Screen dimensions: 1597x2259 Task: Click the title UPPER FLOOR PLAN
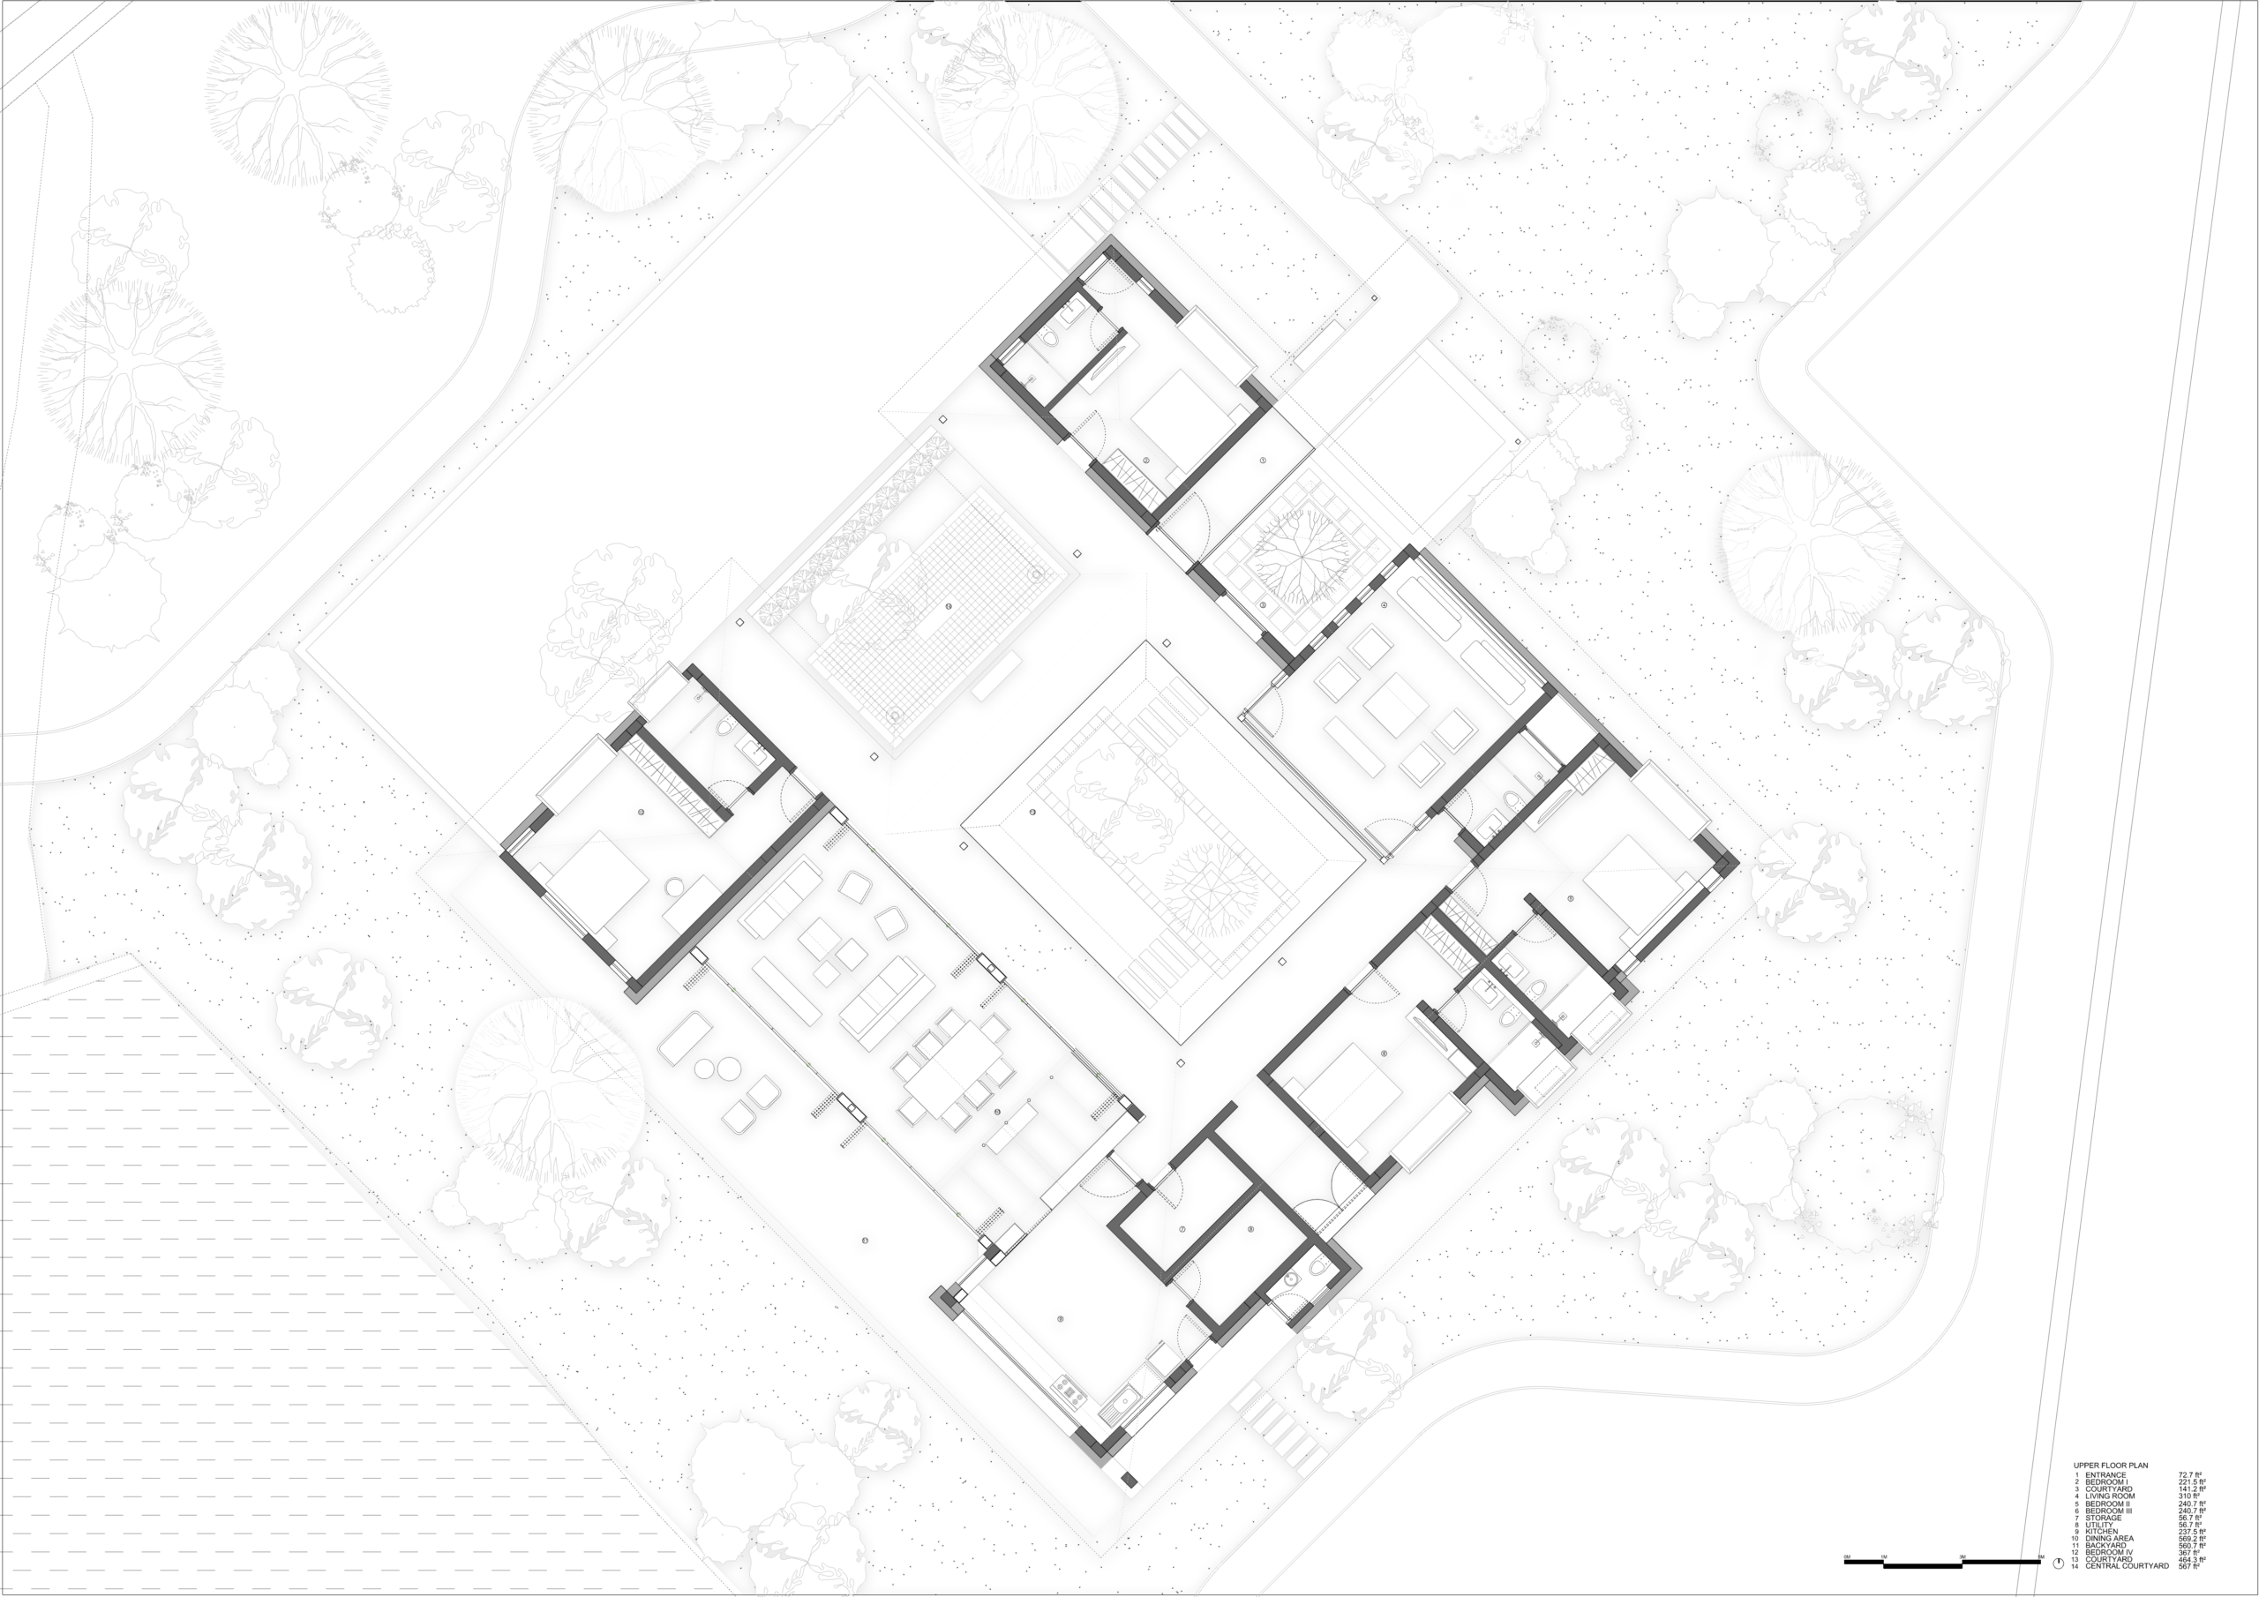pos(2112,1466)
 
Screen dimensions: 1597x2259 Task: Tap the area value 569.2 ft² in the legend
pos(2192,1539)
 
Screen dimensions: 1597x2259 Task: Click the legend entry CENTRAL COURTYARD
pos(2128,1566)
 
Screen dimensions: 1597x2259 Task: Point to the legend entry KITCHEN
pos(2103,1532)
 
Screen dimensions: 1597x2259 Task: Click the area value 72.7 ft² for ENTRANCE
pos(2190,1475)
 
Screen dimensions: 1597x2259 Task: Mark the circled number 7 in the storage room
pos(1182,1230)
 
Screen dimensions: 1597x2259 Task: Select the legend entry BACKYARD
pos(2106,1546)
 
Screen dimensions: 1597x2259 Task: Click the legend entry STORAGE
pos(2104,1518)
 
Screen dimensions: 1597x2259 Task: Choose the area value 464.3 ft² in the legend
pos(2192,1560)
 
